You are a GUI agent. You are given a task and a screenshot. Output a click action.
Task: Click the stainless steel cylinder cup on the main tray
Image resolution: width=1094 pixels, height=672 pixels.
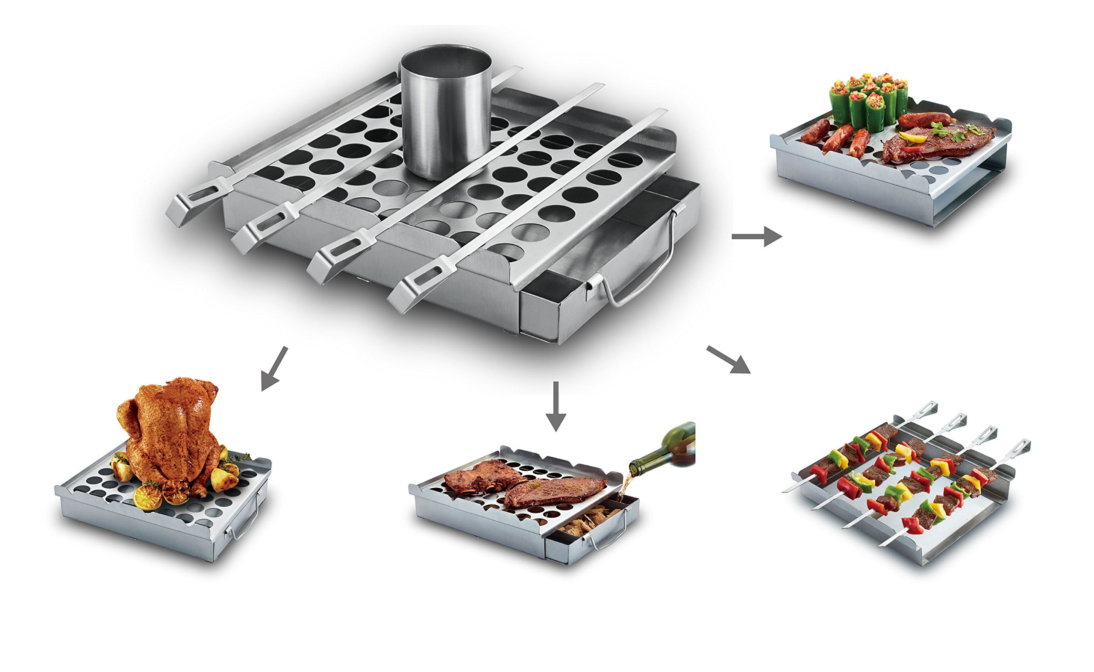click(445, 118)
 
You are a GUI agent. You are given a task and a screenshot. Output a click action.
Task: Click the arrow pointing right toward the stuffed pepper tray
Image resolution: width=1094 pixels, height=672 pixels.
click(756, 237)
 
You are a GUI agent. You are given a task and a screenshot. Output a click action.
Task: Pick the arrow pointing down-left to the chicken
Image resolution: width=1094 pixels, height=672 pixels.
click(274, 368)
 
